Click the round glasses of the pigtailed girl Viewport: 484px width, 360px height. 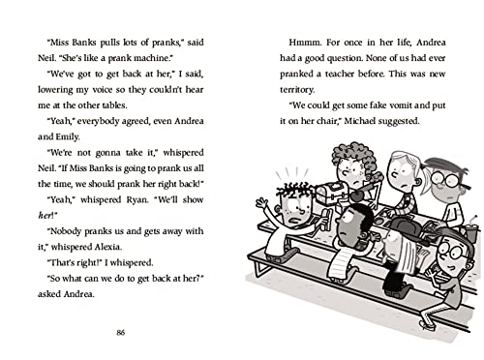click(445, 179)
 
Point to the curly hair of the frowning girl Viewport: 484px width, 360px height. click(350, 154)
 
